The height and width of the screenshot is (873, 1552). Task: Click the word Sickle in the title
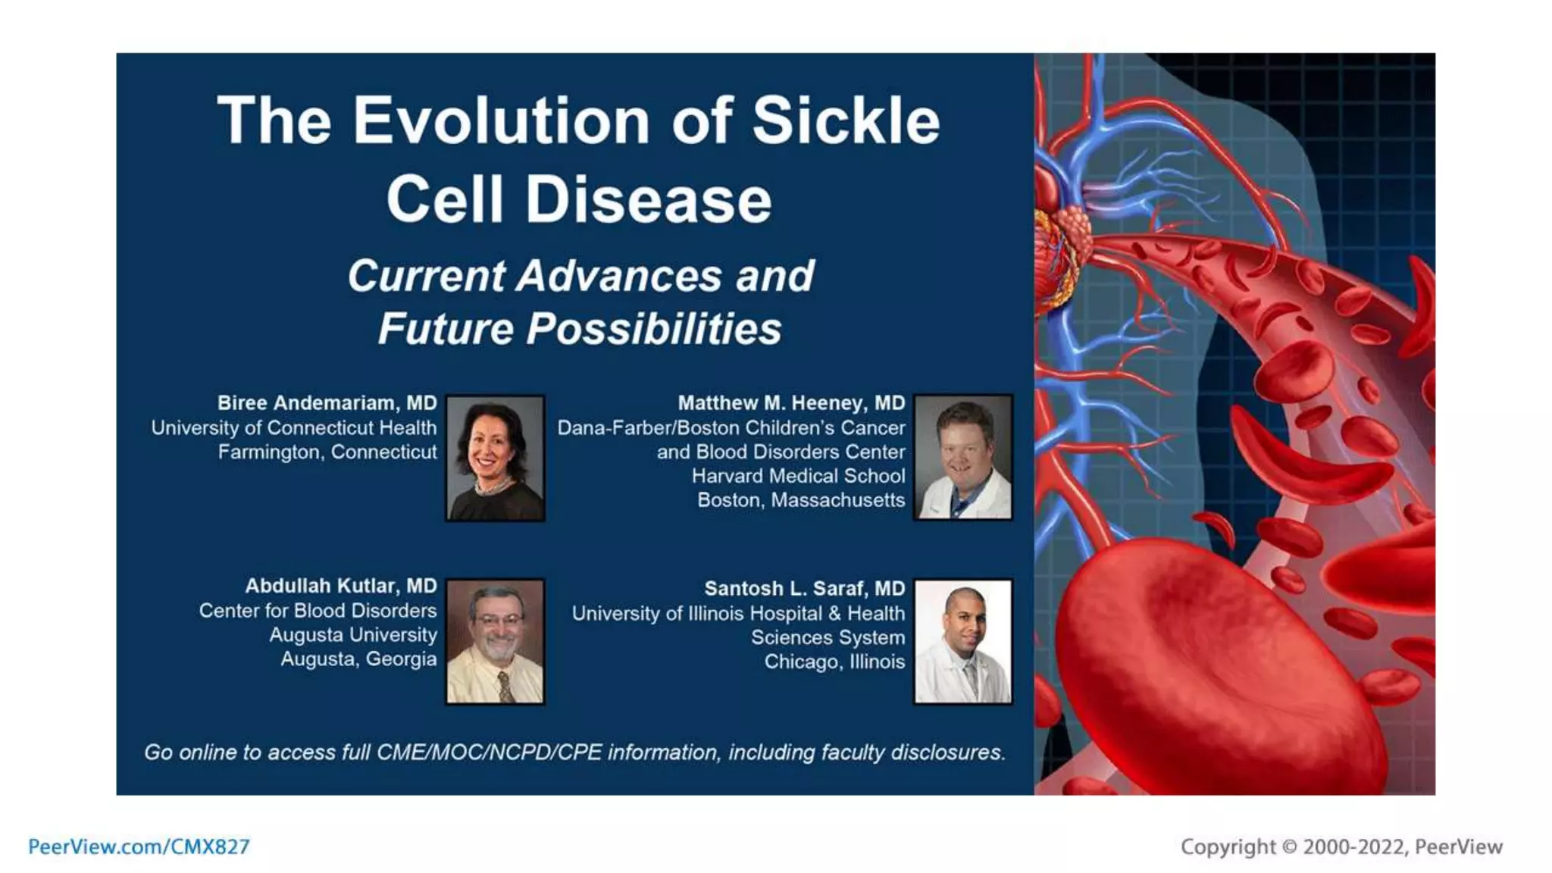click(846, 121)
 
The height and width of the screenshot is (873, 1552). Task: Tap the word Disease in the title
click(648, 200)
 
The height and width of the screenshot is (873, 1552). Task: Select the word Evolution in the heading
click(501, 121)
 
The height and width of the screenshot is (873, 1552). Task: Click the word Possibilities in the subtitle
click(654, 329)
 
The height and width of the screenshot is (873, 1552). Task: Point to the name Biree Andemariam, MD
click(327, 403)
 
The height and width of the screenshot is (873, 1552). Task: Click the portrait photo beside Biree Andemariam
click(495, 458)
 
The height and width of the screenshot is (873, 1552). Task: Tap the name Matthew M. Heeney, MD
click(790, 403)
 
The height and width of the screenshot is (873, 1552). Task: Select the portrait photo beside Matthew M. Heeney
click(962, 458)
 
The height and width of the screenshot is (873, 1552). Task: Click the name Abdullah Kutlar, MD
click(340, 586)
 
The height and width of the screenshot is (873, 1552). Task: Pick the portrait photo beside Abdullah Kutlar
click(495, 642)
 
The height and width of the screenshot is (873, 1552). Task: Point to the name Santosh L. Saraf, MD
click(804, 589)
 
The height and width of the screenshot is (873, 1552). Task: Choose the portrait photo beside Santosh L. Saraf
click(962, 642)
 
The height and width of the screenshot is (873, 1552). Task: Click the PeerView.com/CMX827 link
click(139, 846)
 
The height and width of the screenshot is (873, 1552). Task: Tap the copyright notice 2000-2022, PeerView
click(1341, 846)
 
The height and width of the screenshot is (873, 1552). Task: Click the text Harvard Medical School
click(798, 476)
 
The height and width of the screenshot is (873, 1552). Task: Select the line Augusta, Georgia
click(358, 659)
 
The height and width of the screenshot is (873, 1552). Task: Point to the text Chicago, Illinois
click(834, 662)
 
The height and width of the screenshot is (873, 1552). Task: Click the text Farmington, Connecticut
click(327, 452)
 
